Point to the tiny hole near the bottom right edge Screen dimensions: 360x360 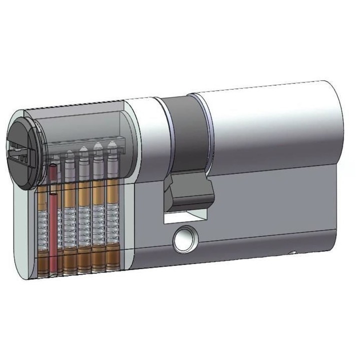pos(294,254)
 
